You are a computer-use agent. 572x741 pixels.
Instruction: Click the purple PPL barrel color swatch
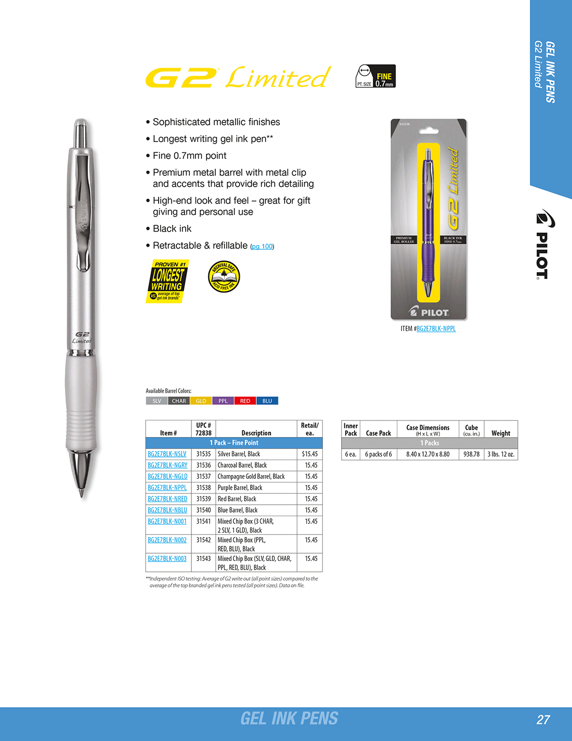click(223, 401)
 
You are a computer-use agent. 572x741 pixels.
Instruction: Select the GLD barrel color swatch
click(201, 401)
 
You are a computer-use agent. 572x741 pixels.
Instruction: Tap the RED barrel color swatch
click(245, 401)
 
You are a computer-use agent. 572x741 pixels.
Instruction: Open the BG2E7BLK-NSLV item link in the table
click(167, 454)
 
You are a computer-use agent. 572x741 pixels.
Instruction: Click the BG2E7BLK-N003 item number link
click(167, 559)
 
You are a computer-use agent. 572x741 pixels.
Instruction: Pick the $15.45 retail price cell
click(309, 454)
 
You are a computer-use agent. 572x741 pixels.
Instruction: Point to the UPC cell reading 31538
click(203, 488)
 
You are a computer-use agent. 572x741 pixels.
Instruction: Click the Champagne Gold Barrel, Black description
click(251, 477)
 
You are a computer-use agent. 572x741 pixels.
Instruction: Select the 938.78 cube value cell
click(471, 454)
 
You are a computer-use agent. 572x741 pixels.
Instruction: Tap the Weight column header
click(501, 433)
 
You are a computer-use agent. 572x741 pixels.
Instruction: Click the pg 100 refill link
click(262, 247)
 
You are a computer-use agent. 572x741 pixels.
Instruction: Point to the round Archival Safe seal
click(224, 276)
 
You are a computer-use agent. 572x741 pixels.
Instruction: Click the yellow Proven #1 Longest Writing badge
click(167, 281)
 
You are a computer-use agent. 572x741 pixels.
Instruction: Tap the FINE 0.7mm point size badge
click(375, 76)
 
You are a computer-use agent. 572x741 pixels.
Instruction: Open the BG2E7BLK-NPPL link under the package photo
click(436, 329)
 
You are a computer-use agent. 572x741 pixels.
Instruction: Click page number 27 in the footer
click(543, 720)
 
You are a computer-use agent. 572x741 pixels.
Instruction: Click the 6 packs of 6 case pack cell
click(378, 454)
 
